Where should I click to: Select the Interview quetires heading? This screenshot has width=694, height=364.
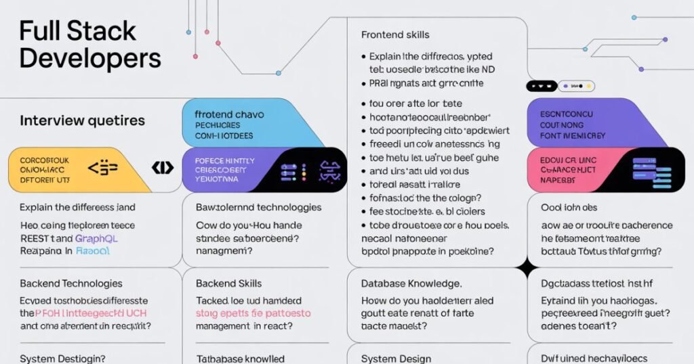(x=82, y=120)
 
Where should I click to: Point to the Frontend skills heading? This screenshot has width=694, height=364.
(x=395, y=35)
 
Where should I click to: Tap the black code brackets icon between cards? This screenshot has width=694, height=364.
(x=163, y=167)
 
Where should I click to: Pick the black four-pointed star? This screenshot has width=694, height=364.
(x=527, y=269)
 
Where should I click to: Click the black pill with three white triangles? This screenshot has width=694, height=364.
(x=542, y=86)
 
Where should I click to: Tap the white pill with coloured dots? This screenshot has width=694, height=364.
(x=576, y=86)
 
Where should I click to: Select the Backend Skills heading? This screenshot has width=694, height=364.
(x=228, y=283)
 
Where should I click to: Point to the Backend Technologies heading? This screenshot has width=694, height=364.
(x=71, y=283)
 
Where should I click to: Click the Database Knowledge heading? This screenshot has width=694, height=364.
(x=411, y=283)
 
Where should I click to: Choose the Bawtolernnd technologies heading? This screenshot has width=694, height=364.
(x=258, y=207)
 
